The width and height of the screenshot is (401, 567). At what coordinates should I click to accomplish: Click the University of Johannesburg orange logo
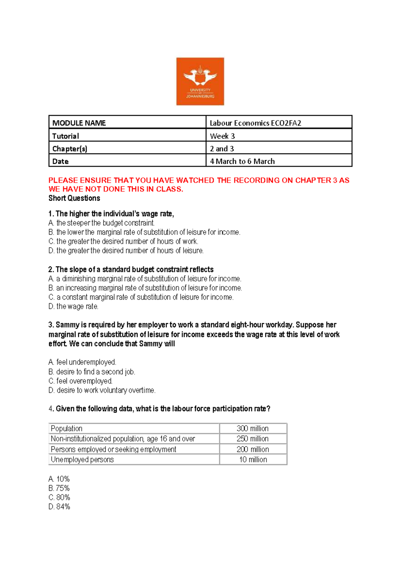[200, 81]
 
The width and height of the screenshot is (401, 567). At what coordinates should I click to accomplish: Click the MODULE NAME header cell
[79, 123]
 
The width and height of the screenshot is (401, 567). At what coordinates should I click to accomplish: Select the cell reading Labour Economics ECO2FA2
[255, 123]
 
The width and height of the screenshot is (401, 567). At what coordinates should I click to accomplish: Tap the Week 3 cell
[222, 136]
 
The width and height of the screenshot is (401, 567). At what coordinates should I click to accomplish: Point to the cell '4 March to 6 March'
[242, 161]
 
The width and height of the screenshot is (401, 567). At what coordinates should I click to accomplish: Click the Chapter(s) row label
[70, 148]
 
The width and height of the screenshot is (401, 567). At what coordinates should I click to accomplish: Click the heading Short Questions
[74, 198]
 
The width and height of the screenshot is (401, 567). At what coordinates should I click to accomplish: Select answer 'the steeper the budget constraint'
[105, 223]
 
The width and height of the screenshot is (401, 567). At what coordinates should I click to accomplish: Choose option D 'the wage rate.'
[77, 306]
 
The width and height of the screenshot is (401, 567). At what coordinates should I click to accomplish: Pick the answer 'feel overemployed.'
[84, 381]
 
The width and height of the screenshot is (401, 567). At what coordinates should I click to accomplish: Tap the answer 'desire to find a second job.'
[95, 371]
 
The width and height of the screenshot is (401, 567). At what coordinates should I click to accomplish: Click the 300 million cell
[253, 428]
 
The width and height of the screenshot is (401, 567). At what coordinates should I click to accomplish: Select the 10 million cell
[253, 459]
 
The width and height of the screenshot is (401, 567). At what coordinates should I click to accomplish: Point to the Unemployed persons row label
[82, 459]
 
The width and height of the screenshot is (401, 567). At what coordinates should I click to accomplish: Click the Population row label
[66, 428]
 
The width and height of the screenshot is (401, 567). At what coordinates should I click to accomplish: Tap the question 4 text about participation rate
[163, 409]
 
